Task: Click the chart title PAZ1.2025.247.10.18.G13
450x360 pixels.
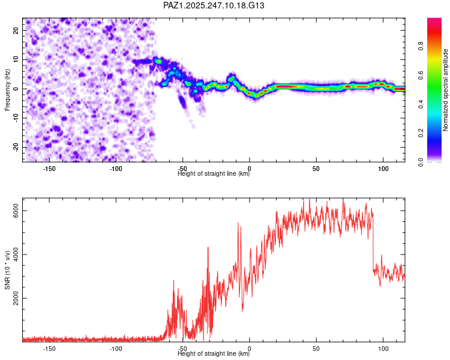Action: [214, 5]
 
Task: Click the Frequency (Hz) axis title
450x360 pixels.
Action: [7, 90]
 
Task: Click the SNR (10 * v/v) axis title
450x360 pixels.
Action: [7, 270]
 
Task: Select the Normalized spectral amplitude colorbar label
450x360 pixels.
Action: [445, 90]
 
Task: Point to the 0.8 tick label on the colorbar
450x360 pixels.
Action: [421, 46]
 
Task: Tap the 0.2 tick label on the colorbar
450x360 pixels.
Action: [421, 133]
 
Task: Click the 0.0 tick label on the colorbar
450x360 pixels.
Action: [421, 162]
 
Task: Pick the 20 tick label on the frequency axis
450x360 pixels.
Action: [16, 31]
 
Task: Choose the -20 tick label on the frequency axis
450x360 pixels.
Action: [16, 147]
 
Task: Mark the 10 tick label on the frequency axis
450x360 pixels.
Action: [16, 60]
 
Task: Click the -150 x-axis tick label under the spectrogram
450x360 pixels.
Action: [49, 169]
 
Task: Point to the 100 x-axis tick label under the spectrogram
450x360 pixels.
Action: [383, 169]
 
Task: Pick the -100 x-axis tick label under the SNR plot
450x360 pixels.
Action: [116, 349]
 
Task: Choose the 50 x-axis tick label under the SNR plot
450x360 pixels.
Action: [316, 349]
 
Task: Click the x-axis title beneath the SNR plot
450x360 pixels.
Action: [214, 353]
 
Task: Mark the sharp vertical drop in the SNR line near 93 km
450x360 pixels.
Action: [373, 244]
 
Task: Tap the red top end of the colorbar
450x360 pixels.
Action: [434, 20]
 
